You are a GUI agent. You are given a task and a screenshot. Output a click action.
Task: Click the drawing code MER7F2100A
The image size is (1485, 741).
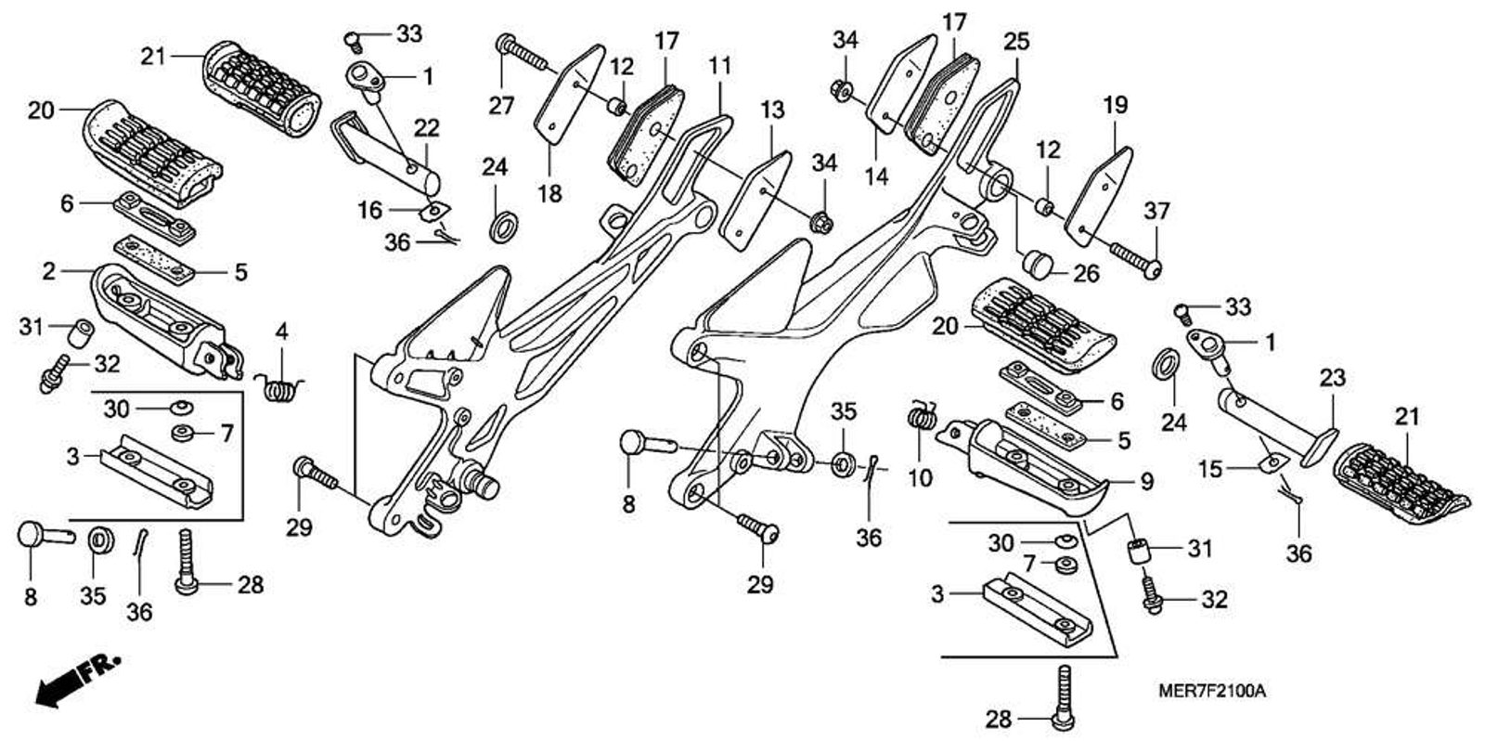[1211, 692]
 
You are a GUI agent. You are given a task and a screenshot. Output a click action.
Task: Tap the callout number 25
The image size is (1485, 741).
[1016, 41]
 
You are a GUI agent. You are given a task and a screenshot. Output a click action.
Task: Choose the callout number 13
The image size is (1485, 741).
[772, 110]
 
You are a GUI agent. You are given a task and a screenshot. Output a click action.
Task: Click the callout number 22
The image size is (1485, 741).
[427, 128]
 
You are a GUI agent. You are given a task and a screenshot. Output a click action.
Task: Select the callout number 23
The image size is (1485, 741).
[1332, 378]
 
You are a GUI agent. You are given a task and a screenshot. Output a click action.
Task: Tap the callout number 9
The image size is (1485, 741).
[1146, 481]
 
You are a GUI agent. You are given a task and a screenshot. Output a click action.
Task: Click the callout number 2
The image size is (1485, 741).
[48, 270]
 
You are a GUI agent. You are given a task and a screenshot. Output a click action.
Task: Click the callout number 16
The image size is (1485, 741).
[369, 211]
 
